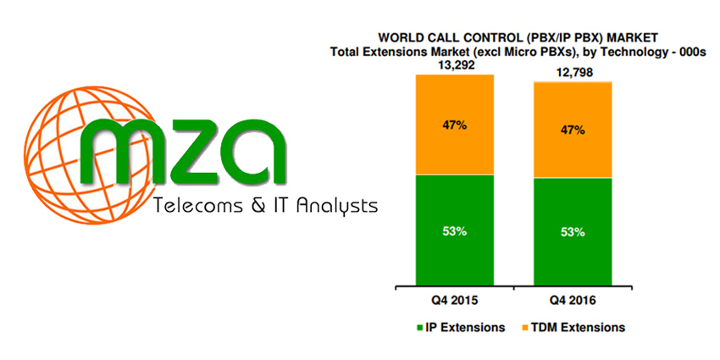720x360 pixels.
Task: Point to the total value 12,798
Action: (x=573, y=74)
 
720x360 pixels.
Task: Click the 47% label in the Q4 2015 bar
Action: (x=455, y=125)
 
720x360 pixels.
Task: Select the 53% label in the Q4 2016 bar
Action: (x=573, y=232)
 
